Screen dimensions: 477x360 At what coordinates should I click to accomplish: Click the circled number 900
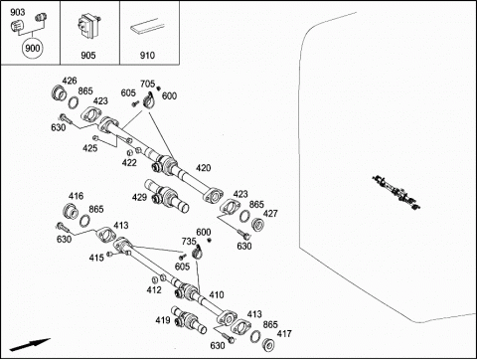tap(33, 49)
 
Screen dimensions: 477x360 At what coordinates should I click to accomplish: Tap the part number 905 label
tap(88, 55)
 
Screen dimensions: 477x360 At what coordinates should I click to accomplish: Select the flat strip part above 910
tap(147, 26)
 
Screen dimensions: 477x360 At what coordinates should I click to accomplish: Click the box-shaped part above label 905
tap(88, 25)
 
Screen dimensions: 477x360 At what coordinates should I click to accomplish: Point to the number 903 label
tap(17, 12)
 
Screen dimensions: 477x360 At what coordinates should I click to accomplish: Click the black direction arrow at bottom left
tap(30, 344)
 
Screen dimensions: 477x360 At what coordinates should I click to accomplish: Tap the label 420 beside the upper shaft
tap(203, 168)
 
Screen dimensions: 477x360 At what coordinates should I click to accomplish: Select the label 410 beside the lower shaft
tap(217, 294)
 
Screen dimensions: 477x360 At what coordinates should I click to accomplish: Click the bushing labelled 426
tap(60, 92)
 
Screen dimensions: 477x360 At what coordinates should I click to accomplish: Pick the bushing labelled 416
tap(71, 211)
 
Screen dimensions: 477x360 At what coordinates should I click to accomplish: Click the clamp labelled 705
tap(149, 100)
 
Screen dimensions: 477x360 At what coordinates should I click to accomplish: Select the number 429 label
tap(139, 197)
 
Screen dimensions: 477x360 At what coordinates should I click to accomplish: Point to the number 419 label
tap(163, 320)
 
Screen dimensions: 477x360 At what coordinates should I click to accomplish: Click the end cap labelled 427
tap(258, 225)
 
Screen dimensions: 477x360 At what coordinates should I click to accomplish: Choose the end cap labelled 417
tap(268, 345)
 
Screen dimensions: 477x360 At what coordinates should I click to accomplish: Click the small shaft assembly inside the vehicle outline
tap(397, 192)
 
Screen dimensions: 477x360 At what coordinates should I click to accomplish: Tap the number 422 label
tap(129, 162)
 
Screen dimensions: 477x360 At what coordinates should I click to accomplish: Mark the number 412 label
tap(154, 289)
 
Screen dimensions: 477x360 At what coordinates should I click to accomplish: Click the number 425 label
tap(90, 148)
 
